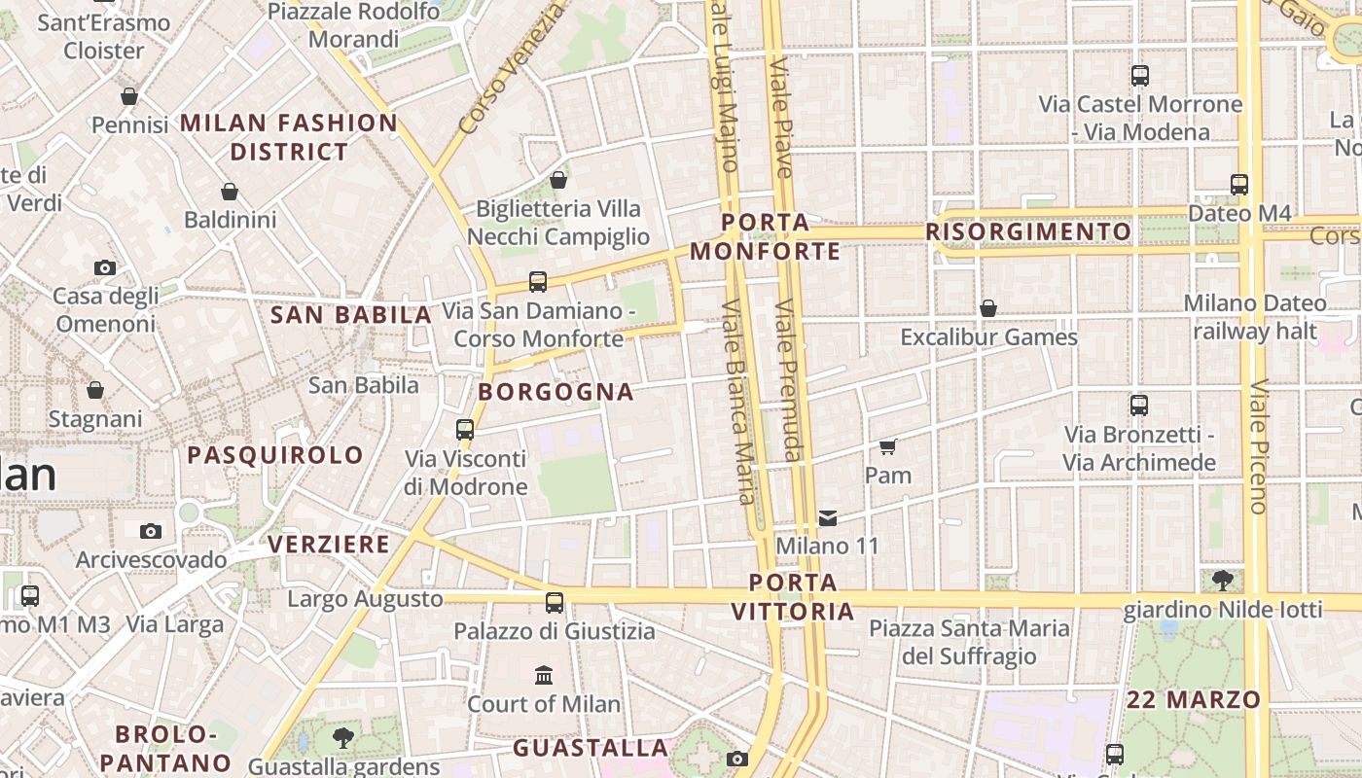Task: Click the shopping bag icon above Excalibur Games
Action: (988, 309)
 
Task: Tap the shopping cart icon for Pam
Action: (887, 446)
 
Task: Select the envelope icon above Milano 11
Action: (828, 518)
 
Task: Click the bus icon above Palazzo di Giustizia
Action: (555, 603)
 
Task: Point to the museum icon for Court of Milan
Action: (544, 675)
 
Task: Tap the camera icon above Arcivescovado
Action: (150, 531)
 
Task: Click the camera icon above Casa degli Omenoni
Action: (104, 267)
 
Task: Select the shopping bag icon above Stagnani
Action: (95, 390)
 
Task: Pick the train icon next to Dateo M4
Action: (1239, 184)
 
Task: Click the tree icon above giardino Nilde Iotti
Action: (1223, 581)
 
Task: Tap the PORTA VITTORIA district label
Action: (793, 597)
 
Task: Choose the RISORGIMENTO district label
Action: (1028, 232)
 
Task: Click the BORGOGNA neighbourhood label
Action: (556, 393)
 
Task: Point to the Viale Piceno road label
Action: (1259, 446)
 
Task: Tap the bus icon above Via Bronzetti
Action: (1139, 406)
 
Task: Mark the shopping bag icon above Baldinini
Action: (230, 192)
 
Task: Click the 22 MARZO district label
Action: (1194, 700)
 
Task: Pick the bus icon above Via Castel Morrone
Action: (1140, 75)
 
